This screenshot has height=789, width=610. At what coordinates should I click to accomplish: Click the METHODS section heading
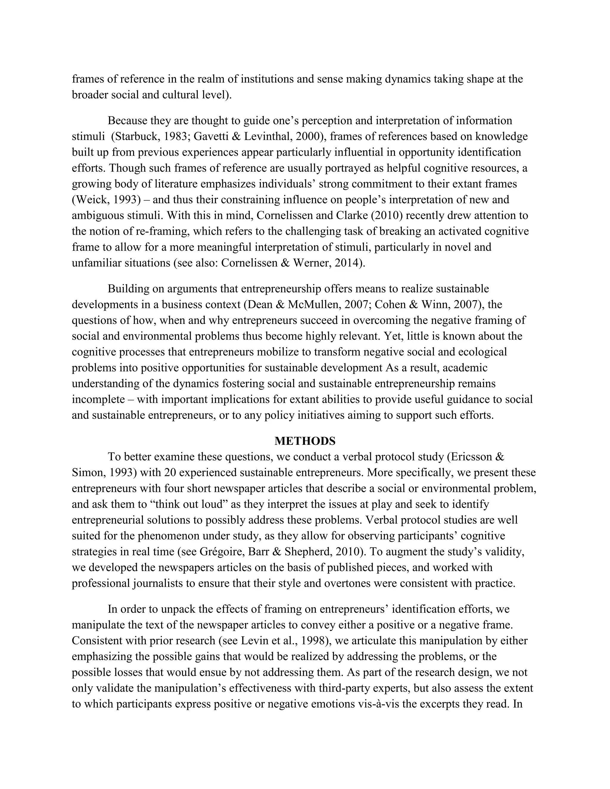[x=305, y=441]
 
